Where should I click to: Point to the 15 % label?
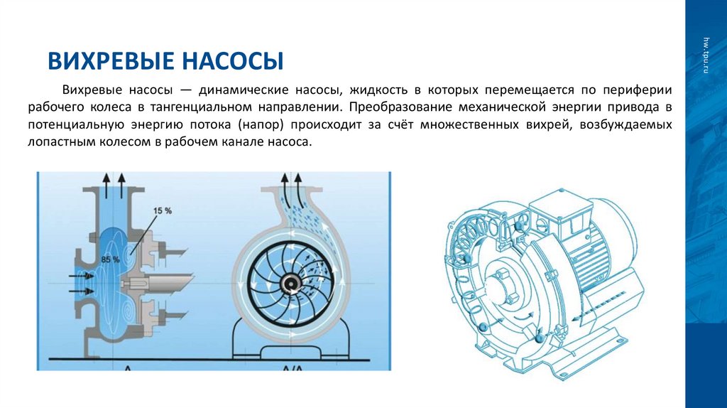click(x=163, y=210)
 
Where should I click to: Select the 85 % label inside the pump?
click(x=109, y=259)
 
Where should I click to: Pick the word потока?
click(x=211, y=125)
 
